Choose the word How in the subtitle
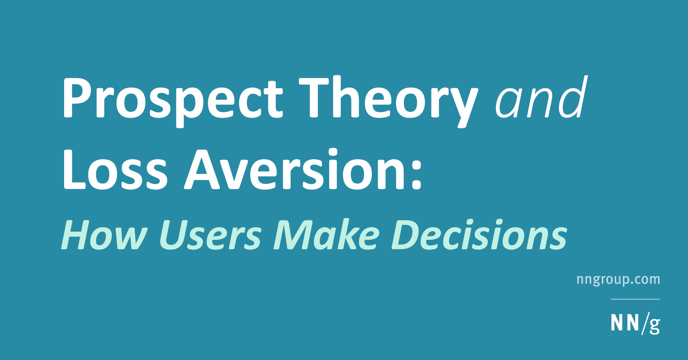[x=104, y=235]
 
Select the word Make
[x=326, y=235]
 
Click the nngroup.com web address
[x=618, y=280]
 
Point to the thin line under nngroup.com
[x=635, y=299]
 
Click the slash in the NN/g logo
[x=645, y=323]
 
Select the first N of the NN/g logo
[x=617, y=322]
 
